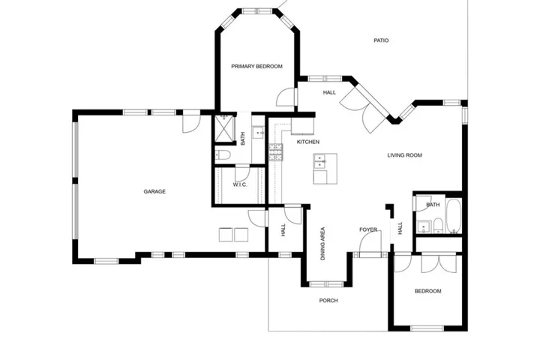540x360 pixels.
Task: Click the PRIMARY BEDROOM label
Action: coord(256,67)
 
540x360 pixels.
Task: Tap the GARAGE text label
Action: coord(154,191)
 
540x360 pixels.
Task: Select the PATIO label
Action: coord(381,40)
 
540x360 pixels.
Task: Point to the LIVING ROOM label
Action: coord(405,155)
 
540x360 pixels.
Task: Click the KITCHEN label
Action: coord(308,142)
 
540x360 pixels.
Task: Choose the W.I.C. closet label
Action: coord(240,185)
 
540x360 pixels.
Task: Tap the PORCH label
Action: coord(328,301)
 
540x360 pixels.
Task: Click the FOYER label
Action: coord(368,229)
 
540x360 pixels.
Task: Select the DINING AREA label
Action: coord(322,243)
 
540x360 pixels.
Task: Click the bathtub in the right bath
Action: coord(454,216)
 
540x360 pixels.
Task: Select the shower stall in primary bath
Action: coord(224,129)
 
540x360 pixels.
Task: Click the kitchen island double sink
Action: coord(320,163)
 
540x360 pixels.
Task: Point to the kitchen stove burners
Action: coord(276,152)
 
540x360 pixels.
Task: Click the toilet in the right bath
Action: coord(438,225)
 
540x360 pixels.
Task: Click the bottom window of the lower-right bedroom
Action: coord(427,328)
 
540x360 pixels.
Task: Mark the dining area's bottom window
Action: coord(326,284)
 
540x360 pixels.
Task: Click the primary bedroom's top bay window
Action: coord(257,11)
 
